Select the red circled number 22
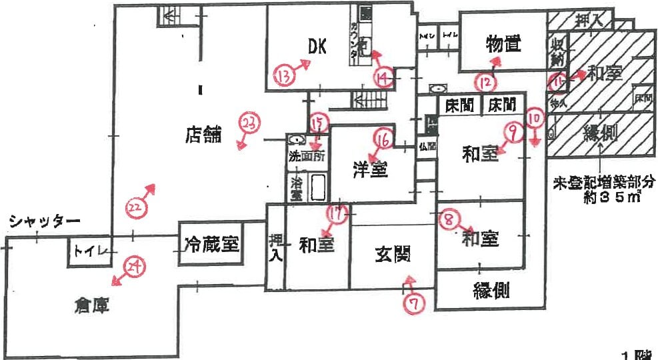pos(135,208)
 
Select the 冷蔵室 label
pos(211,244)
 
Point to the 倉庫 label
pos(91,307)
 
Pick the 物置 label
pos(502,45)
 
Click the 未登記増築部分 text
pos(602,182)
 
